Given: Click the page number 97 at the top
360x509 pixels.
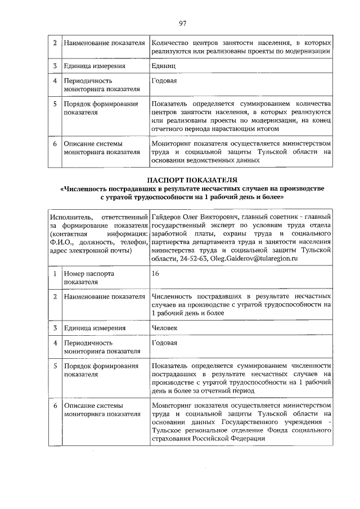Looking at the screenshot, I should coord(182,23).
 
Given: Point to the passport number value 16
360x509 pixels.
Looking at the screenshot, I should coord(156,273).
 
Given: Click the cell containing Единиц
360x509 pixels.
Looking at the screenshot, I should coord(163,66).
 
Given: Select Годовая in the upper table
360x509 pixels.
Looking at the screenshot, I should coord(164,81).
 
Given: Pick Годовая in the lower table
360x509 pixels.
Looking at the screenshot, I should coord(164,343).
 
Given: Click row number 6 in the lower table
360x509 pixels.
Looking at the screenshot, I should coord(55,405).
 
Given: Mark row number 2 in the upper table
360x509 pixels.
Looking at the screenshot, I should coord(55,43).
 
